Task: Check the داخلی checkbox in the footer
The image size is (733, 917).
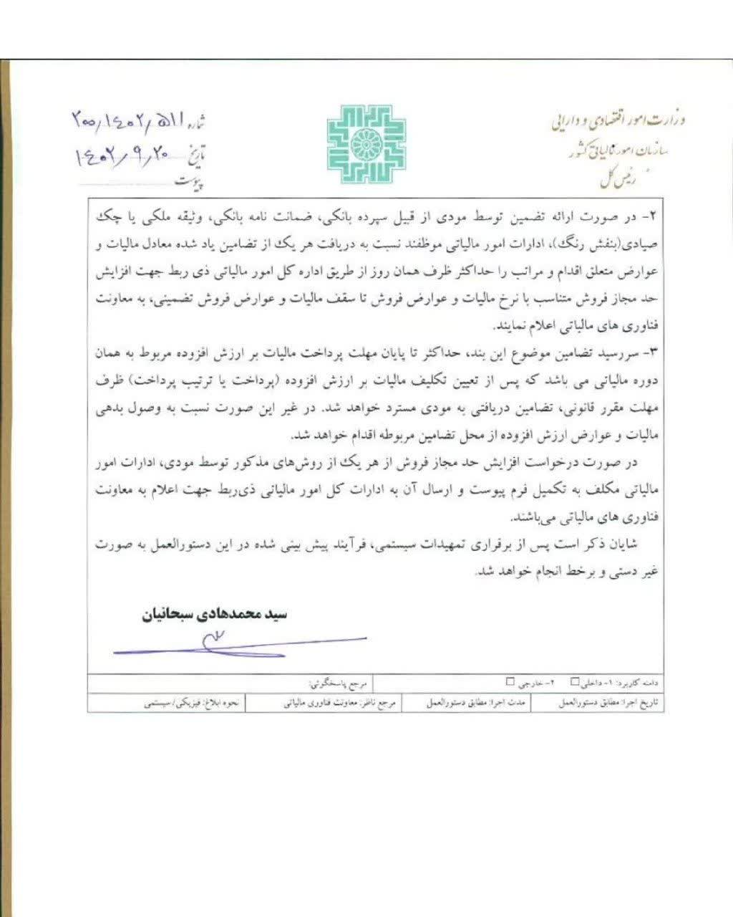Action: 575,682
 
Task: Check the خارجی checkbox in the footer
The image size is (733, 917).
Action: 510,682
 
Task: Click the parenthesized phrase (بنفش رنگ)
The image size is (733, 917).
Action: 611,242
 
